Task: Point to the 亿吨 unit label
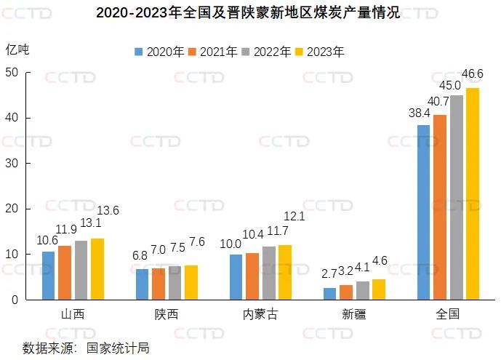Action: pos(18,49)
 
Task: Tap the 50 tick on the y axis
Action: pos(12,73)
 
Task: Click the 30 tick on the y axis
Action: pos(12,164)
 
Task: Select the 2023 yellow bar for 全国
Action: pos(473,193)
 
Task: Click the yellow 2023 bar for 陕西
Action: pos(191,282)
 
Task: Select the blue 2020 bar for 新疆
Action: pos(330,293)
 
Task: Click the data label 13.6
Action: pos(106,211)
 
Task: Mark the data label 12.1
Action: pos(294,216)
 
